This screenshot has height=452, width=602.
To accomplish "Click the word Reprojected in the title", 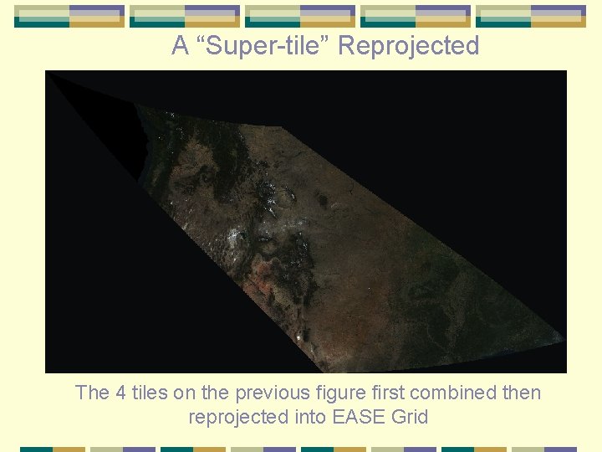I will [x=408, y=46].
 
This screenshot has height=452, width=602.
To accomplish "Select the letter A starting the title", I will [x=180, y=46].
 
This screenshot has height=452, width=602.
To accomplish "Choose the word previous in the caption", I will [x=268, y=393].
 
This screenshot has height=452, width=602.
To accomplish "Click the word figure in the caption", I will [x=334, y=393].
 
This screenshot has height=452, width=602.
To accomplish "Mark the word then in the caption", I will [x=520, y=393].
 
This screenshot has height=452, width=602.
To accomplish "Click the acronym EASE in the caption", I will [x=360, y=417].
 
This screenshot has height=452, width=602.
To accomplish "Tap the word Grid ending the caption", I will [x=409, y=417].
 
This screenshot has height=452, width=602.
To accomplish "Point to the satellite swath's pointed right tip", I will [x=564, y=340].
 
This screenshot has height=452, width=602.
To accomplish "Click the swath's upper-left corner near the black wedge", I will [x=137, y=105].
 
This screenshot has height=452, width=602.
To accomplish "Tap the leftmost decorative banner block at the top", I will [x=69, y=16].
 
